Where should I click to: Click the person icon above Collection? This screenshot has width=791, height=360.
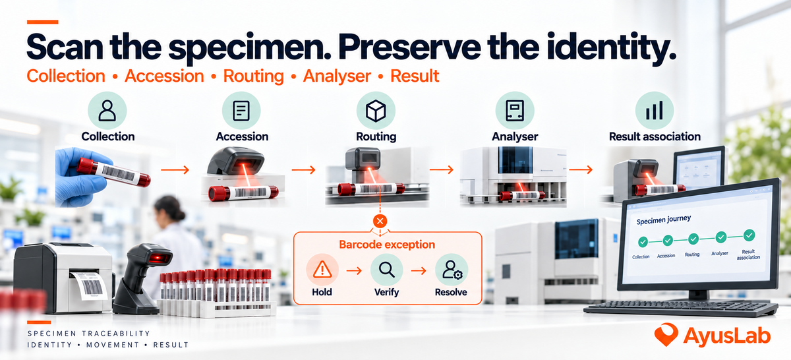coord(107,111)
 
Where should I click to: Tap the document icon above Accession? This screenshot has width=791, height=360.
coord(241,111)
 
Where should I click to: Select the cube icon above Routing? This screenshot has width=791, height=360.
coord(375,111)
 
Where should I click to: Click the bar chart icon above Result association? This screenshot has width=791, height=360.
coord(654,111)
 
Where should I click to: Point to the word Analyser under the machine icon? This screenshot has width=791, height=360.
coord(515,136)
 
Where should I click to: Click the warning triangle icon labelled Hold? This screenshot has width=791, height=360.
coord(322,270)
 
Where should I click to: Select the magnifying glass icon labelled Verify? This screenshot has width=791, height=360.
coord(387,270)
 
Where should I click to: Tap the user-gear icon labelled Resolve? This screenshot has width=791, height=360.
coord(452,270)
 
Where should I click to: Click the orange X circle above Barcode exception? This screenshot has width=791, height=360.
coord(380,222)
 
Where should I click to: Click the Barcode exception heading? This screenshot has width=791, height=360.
coord(387,245)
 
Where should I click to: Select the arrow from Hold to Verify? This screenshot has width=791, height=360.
coord(354,271)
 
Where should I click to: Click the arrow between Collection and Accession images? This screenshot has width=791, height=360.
coord(175,170)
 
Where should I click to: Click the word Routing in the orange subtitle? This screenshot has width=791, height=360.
coord(254,76)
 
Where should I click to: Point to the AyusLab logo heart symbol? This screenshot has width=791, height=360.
coord(666,334)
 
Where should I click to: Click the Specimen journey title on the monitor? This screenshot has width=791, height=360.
coord(664,220)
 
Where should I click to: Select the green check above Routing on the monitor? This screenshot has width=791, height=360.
coord(693,239)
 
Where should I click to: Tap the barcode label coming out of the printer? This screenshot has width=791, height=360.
coord(89,286)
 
